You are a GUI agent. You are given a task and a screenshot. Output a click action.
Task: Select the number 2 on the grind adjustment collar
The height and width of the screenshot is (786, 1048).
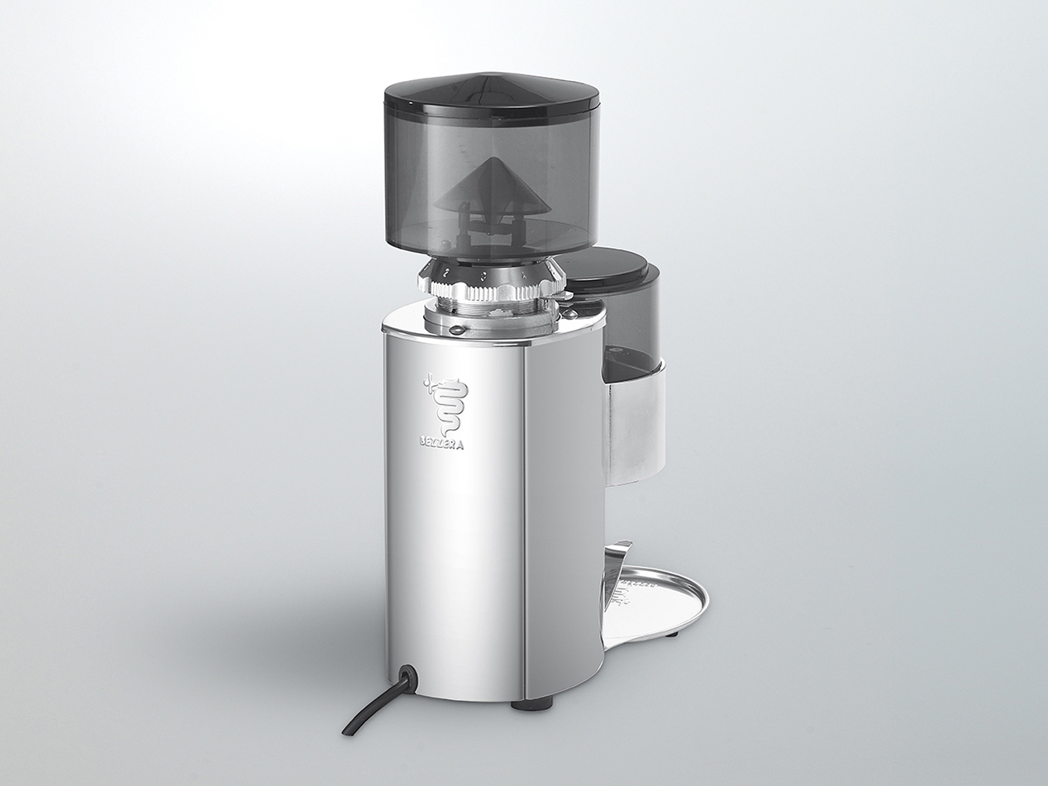(445, 271)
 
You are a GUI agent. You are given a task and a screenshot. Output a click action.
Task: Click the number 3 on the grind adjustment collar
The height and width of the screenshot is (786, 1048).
(483, 272)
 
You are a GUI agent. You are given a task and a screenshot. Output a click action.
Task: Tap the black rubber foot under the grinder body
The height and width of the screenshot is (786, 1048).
(531, 704)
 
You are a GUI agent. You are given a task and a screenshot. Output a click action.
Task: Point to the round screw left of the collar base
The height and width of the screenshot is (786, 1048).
(454, 330)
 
